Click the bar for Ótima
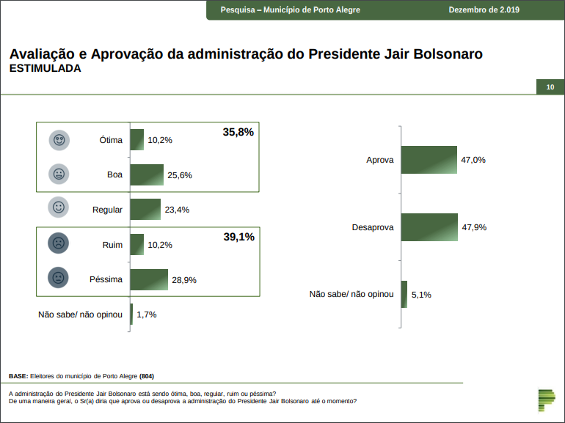tap(136, 139)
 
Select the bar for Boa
tap(146, 174)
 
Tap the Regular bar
tap(145, 210)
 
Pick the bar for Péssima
tap(148, 279)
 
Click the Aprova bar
tap(429, 160)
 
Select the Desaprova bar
tap(429, 227)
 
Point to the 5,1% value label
tap(421, 295)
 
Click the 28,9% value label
tap(184, 280)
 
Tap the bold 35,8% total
tap(238, 132)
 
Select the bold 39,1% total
tap(238, 237)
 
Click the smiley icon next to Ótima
tap(59, 140)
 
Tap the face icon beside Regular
tap(59, 208)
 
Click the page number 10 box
tap(550, 88)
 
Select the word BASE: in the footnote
tap(18, 375)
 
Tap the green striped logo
tap(547, 400)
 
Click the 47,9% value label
tap(474, 227)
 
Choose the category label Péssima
tap(106, 279)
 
